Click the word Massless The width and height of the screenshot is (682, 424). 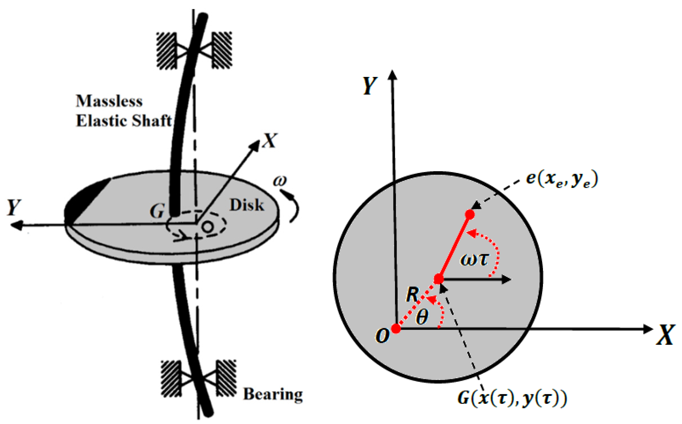[109, 101]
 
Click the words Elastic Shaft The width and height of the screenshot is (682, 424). [124, 121]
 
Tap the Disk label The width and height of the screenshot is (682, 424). [247, 205]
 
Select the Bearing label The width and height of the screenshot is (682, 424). [273, 394]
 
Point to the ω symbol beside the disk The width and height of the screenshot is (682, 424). [280, 181]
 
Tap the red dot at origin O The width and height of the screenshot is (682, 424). [396, 329]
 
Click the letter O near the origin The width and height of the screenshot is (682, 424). [382, 336]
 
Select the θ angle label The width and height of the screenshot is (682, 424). [422, 317]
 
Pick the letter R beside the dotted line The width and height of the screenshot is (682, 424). [412, 295]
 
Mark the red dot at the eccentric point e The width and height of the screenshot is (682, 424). [470, 215]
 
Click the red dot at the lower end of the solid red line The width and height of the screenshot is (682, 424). [439, 279]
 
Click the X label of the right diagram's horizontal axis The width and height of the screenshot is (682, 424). [665, 335]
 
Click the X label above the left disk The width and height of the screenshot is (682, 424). [270, 140]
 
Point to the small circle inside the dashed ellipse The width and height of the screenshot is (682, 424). [208, 226]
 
